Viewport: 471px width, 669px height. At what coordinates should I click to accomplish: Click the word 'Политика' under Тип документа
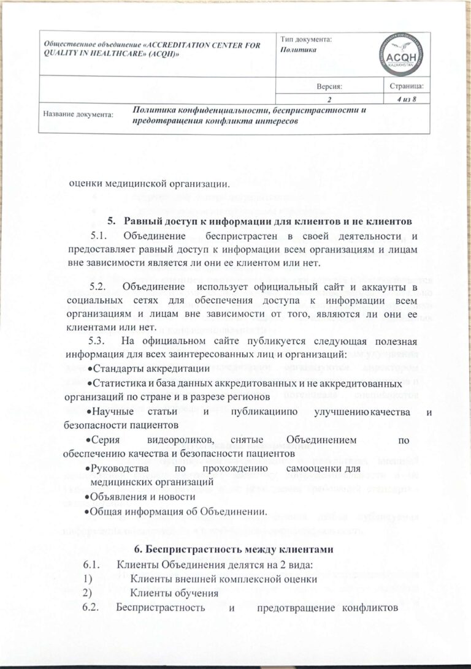(x=298, y=49)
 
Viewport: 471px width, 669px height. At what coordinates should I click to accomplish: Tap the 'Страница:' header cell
(x=405, y=86)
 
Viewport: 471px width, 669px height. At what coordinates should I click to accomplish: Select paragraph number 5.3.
(x=99, y=341)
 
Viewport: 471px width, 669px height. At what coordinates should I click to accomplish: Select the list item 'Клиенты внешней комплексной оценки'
(x=223, y=579)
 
